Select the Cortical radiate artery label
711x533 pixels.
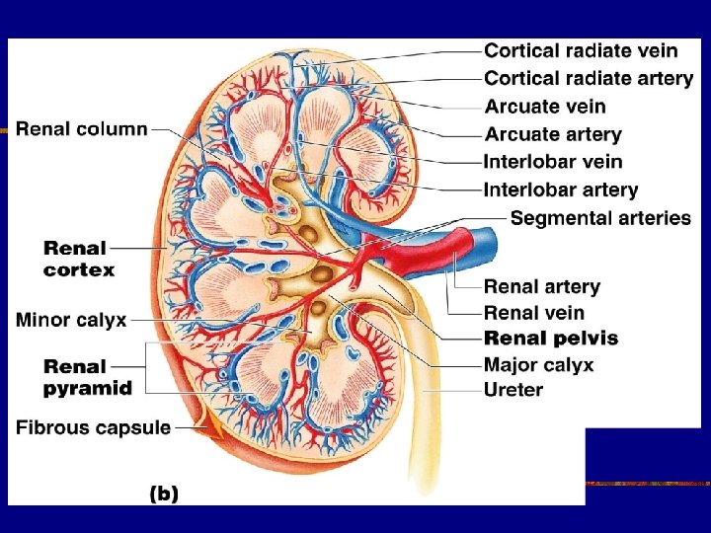coord(589,77)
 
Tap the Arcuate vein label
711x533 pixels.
coord(544,106)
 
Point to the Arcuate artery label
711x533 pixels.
coord(552,133)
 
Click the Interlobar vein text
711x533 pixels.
coord(553,161)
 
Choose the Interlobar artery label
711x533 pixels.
coord(560,190)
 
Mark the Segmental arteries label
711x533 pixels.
coord(600,217)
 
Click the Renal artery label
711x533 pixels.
coord(541,286)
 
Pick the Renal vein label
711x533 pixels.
coord(534,313)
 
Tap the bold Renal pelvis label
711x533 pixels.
coord(551,339)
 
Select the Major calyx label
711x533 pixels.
coord(538,365)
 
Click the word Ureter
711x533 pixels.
coord(513,390)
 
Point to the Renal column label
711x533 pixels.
coord(83,128)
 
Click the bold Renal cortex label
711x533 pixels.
coord(79,259)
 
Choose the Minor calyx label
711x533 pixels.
coord(71,319)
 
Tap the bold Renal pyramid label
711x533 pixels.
coord(87,377)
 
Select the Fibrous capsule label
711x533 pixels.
coord(94,427)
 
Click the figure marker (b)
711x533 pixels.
coord(165,495)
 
